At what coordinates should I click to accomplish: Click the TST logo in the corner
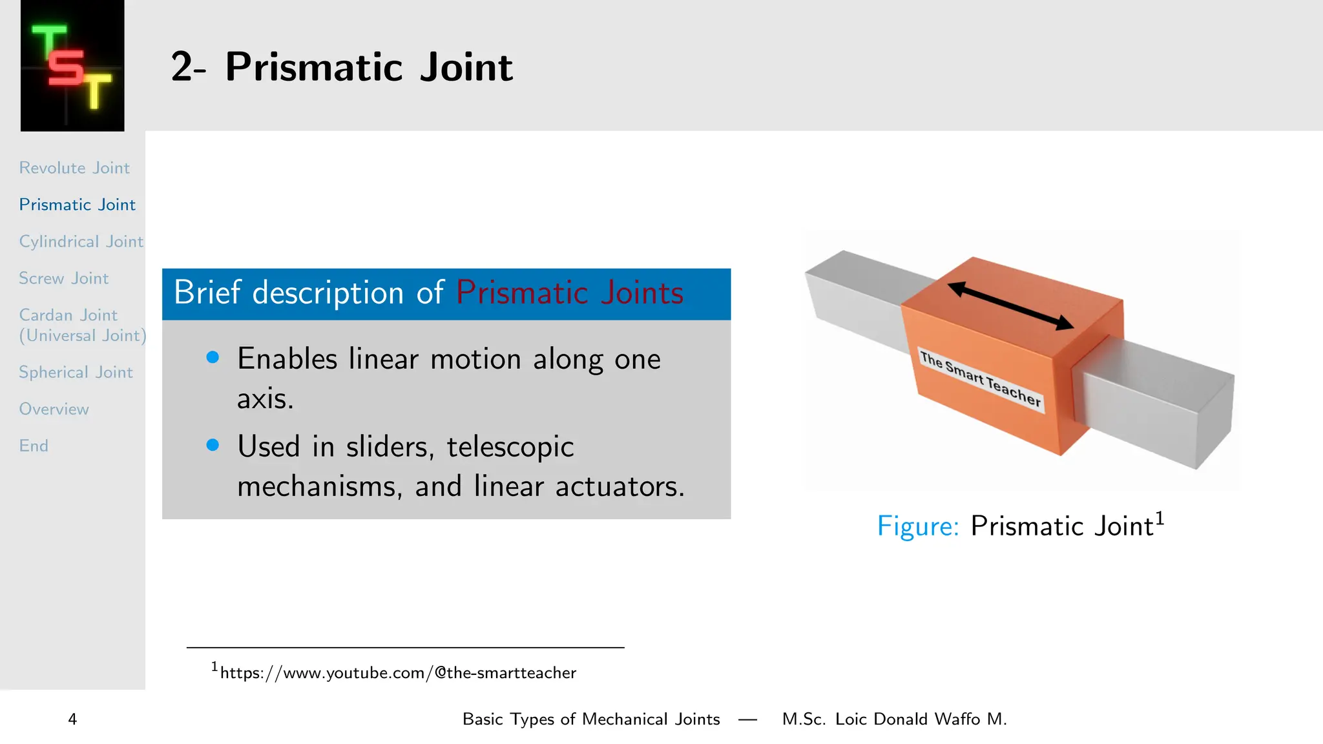pos(72,66)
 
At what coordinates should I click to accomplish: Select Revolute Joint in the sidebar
pos(74,168)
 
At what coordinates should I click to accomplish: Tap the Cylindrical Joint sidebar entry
pos(81,242)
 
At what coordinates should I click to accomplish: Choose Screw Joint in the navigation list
pos(64,278)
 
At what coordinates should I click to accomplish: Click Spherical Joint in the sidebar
pos(76,373)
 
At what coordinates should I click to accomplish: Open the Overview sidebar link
pos(54,409)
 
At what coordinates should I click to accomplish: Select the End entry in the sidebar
pos(34,446)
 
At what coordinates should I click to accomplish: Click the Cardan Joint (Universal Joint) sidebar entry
pos(82,325)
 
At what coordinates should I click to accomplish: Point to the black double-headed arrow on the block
pos(1010,306)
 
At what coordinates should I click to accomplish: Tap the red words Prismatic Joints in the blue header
pos(569,293)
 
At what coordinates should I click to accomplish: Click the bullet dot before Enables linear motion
pos(213,357)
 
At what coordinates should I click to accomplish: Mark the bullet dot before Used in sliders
pos(213,445)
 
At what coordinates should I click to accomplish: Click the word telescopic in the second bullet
pos(510,447)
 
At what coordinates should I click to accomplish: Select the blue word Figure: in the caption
pos(917,526)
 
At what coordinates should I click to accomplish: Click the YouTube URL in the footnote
pos(397,673)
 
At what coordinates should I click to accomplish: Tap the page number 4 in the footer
pos(72,719)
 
